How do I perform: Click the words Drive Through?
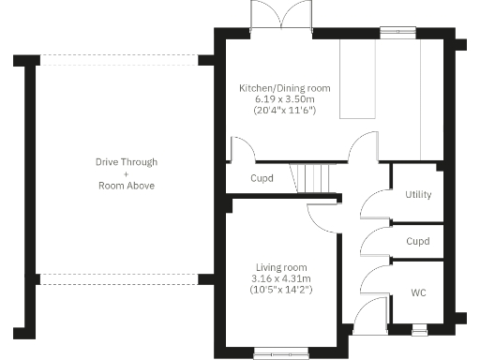(x=127, y=162)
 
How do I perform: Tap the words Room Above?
(x=127, y=186)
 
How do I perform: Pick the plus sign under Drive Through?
(x=127, y=173)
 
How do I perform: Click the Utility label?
(x=418, y=195)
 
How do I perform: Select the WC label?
(x=418, y=292)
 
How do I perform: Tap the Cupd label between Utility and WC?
(x=418, y=241)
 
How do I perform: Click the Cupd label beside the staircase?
(x=262, y=178)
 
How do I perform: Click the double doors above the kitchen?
(x=281, y=16)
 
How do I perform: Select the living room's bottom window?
(x=275, y=353)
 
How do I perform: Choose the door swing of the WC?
(x=372, y=277)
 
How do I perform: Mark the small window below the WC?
(x=418, y=329)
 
